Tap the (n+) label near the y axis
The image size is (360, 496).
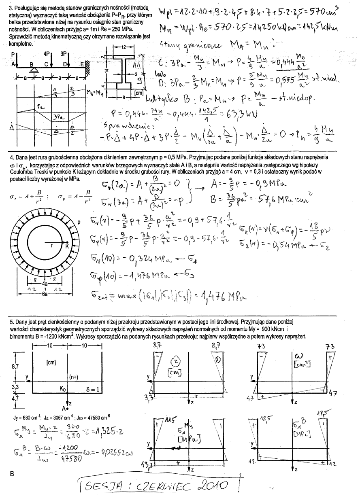point(73,377)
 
